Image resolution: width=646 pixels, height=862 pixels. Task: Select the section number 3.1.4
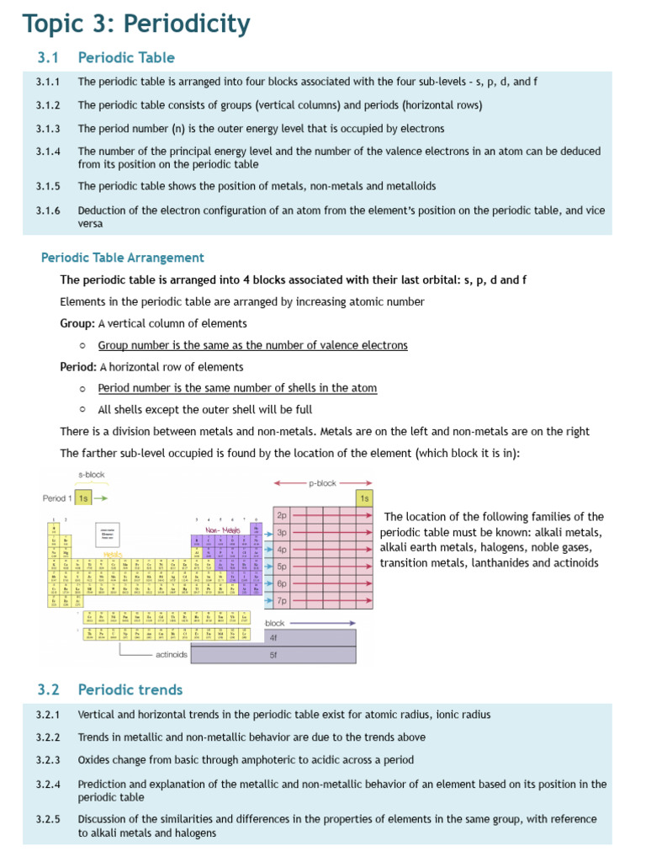(x=48, y=152)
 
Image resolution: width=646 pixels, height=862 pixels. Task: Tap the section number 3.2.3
(x=48, y=759)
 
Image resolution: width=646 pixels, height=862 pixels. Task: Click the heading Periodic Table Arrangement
(x=123, y=258)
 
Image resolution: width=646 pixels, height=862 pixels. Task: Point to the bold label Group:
(x=77, y=323)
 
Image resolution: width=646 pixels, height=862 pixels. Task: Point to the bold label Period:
(x=79, y=367)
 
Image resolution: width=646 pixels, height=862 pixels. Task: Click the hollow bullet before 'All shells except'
(x=82, y=410)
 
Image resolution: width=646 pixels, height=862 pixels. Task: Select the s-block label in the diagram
(x=91, y=475)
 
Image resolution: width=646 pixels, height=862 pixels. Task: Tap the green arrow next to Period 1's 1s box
(x=101, y=498)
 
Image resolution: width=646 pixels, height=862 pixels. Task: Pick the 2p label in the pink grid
(x=282, y=514)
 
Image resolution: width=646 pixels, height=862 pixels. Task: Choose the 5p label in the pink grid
(x=282, y=567)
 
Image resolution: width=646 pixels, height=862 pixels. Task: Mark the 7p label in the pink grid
(x=282, y=601)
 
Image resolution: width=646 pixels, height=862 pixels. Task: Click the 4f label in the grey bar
(x=273, y=638)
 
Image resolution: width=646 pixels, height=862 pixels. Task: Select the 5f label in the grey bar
(x=273, y=654)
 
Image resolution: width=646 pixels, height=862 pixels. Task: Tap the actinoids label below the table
(x=172, y=654)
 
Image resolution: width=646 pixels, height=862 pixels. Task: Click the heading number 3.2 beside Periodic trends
(x=49, y=689)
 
